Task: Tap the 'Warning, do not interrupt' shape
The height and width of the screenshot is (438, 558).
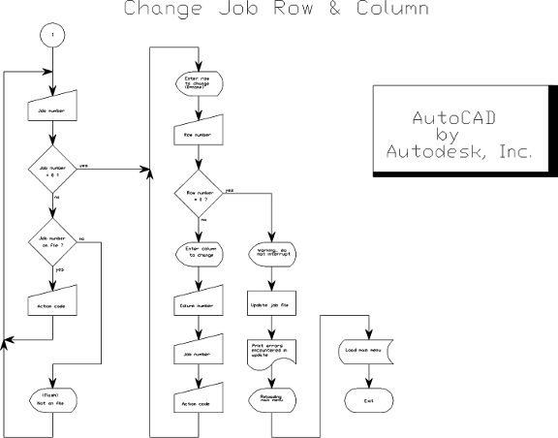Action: click(274, 255)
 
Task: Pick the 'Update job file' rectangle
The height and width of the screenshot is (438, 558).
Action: click(274, 306)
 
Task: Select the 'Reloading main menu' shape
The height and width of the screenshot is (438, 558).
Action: click(274, 398)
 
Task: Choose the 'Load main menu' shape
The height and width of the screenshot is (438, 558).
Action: click(365, 352)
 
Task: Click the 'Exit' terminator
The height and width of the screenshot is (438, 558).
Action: click(365, 398)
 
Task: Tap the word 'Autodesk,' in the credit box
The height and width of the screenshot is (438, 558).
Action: click(428, 153)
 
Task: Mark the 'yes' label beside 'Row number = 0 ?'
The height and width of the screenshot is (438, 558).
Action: click(229, 190)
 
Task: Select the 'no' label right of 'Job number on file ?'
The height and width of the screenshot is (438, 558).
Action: click(80, 238)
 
